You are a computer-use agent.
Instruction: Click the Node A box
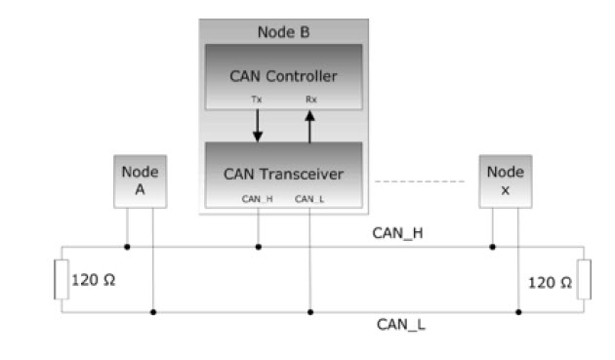pos(141,181)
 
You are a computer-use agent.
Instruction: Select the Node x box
pos(506,181)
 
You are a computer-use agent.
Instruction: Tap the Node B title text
pos(283,32)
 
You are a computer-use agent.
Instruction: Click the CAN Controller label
pos(283,76)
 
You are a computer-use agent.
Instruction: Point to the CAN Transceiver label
pos(283,174)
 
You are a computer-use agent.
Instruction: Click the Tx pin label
pos(257,100)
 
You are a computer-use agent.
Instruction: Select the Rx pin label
pos(311,100)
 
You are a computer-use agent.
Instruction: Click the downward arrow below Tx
pos(258,126)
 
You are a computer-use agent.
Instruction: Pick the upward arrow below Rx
pos(309,127)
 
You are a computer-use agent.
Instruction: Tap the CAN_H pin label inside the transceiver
pos(258,199)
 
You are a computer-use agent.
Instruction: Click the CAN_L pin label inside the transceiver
pos(309,199)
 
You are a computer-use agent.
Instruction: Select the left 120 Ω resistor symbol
pos(61,279)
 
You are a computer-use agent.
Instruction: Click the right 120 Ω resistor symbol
pos(584,279)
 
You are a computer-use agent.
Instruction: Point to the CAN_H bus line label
pos(397,233)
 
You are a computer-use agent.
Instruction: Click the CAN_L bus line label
pos(401,325)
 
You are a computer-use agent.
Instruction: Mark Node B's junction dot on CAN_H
pos(258,247)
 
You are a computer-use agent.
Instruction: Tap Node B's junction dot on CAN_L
pos(310,312)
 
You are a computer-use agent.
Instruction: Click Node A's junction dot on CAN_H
pos(127,247)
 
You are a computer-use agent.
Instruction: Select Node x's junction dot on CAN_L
pos(518,312)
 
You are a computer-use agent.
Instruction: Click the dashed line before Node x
pos(420,181)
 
